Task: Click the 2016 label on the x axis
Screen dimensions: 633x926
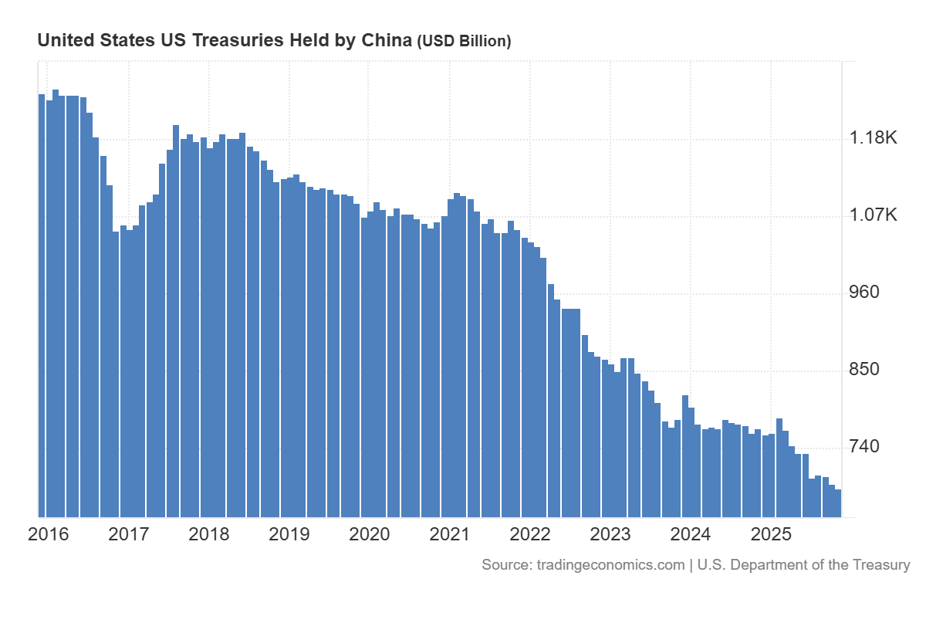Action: (x=48, y=534)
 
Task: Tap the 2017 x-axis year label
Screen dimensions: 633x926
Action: (x=128, y=534)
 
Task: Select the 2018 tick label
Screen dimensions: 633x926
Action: (x=208, y=534)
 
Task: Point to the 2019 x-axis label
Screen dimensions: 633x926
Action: (x=289, y=534)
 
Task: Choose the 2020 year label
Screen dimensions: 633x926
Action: (x=370, y=534)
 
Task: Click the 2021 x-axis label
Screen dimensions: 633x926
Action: (x=450, y=534)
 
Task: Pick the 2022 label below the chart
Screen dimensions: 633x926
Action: (x=530, y=534)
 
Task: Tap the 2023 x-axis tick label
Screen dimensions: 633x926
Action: (x=610, y=534)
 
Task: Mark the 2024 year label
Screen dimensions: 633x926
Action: (x=691, y=534)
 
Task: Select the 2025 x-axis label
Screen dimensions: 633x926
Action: (x=771, y=534)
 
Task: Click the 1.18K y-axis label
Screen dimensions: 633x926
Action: (x=874, y=138)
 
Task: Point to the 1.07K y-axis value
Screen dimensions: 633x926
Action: (x=874, y=215)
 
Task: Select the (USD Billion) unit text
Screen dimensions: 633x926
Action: (x=464, y=42)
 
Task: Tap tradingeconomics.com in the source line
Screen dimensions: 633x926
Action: (x=610, y=565)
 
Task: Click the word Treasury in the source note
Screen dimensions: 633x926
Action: (x=880, y=565)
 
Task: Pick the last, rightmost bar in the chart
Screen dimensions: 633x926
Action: (x=837, y=503)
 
